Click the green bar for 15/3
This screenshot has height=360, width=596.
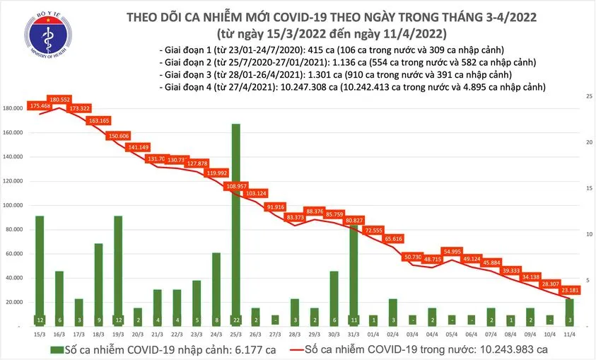40,269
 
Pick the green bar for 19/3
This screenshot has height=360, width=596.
117,269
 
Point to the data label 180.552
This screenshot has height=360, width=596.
59,100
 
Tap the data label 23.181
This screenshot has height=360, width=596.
567,290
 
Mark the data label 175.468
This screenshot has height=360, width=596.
40,106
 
